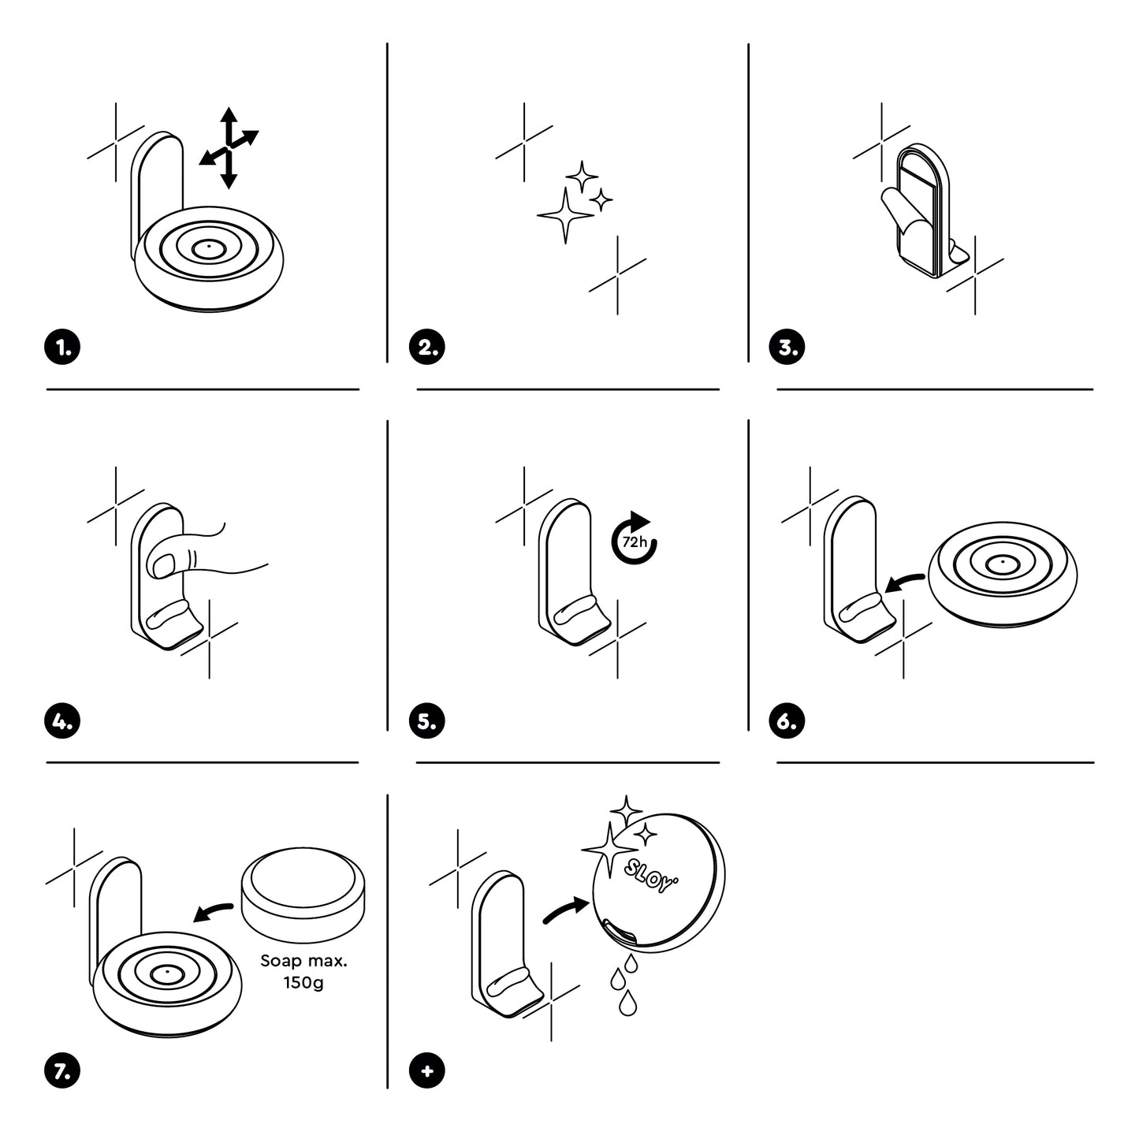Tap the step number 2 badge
pos(427,348)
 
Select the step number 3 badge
pos(787,348)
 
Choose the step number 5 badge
pos(427,721)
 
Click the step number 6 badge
pos(787,721)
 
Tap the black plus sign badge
pos(427,1071)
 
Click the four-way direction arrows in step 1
pos(229,148)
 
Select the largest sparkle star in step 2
pos(565,214)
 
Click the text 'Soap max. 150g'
pos(303,972)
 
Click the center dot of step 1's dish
pos(208,247)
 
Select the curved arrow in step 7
pos(213,912)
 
